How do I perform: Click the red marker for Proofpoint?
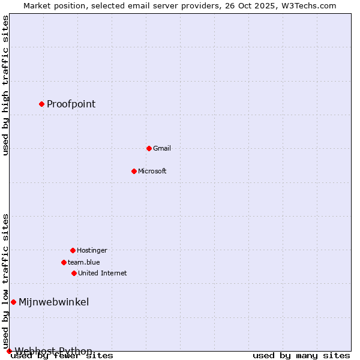(x=41, y=104)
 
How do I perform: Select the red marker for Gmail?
(x=149, y=148)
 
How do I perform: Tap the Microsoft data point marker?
(x=134, y=171)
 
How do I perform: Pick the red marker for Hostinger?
(x=73, y=250)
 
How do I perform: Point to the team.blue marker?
(x=64, y=262)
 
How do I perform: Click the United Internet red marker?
(x=74, y=273)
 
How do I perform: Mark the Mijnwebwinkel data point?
(x=13, y=302)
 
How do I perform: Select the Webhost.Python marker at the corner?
(x=9, y=351)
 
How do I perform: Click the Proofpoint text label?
(x=71, y=104)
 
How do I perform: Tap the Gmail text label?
(x=162, y=148)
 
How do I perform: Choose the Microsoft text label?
(x=152, y=171)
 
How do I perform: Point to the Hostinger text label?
(x=92, y=250)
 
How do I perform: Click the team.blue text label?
(x=84, y=262)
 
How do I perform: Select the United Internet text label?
(x=102, y=273)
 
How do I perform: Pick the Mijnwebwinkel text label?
(x=53, y=302)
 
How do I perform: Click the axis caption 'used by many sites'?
(x=301, y=356)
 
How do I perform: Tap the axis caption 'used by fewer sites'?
(x=62, y=356)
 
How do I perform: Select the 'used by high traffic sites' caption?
(x=5, y=85)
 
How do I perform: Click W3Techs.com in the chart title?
(x=308, y=5)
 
